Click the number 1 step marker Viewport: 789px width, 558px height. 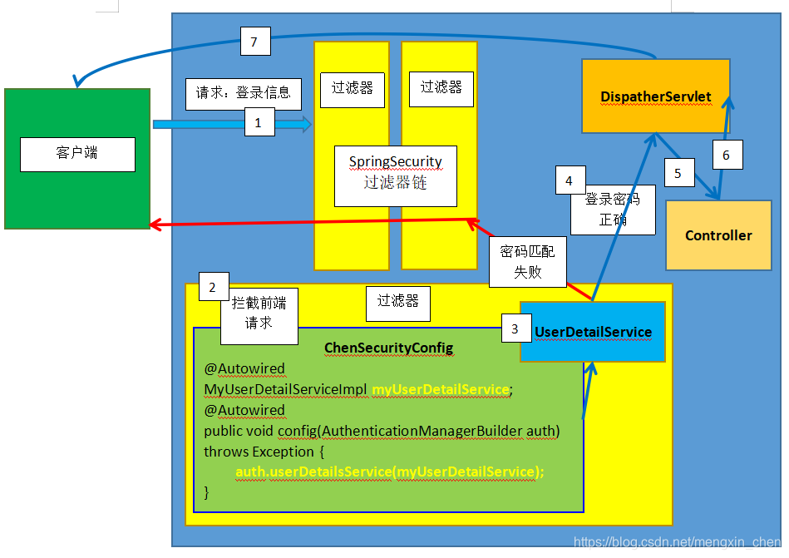pos(259,124)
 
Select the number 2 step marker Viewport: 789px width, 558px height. pos(213,288)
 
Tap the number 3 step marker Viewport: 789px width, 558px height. pos(515,329)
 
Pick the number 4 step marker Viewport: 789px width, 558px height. pos(569,181)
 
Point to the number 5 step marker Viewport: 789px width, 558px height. pos(678,174)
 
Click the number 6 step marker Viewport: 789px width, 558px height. pos(726,156)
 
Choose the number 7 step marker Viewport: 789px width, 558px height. pos(254,42)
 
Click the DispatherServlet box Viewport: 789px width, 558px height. pos(655,96)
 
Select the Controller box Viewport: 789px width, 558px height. pos(718,235)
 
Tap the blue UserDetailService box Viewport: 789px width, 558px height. pos(593,332)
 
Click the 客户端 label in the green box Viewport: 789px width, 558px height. pos(77,154)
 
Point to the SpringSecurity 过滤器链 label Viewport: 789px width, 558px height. pos(396,173)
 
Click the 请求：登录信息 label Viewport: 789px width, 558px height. pos(243,93)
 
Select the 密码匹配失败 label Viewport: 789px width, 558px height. pos(527,261)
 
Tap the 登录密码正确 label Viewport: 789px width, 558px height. pos(613,210)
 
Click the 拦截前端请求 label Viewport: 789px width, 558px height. pos(259,314)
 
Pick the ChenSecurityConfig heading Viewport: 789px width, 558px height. pos(388,348)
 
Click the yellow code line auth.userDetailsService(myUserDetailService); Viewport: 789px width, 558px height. pos(389,472)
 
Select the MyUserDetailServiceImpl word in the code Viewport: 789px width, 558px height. pos(285,389)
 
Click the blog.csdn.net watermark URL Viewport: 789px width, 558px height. pos(678,541)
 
